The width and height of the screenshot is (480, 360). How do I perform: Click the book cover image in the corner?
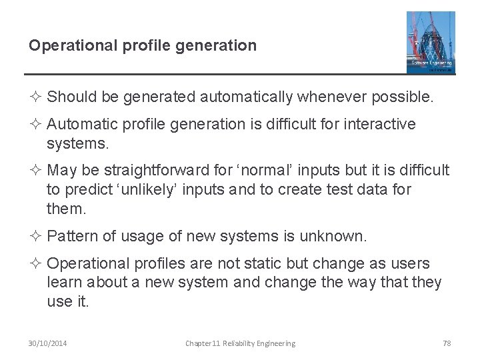[x=431, y=41]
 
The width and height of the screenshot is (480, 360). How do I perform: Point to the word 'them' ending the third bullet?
[x=65, y=209]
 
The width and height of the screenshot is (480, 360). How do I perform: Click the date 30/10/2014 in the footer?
[x=48, y=343]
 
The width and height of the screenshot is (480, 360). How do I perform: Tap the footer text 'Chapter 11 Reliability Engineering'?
[x=240, y=343]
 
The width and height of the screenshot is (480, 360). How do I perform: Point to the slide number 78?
[x=447, y=343]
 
